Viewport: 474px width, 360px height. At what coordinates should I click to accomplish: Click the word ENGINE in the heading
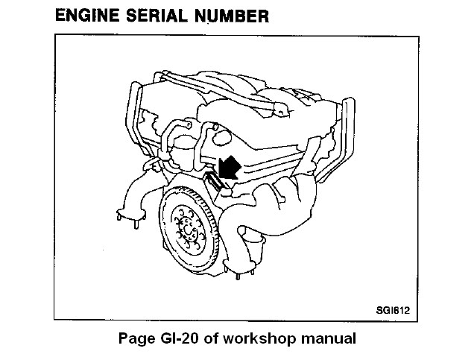click(87, 16)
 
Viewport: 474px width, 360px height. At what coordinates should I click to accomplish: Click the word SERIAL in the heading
click(157, 16)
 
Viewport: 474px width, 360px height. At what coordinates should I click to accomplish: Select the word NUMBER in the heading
click(232, 16)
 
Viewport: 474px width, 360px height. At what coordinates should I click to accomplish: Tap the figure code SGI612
click(393, 310)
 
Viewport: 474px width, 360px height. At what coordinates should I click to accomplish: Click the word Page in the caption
click(137, 339)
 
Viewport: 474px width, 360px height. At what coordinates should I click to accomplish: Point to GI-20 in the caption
click(180, 338)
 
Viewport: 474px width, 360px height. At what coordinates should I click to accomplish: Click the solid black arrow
click(229, 168)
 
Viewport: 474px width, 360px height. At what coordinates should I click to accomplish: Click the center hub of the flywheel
click(188, 230)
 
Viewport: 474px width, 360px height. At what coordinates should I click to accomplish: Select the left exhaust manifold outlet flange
click(131, 215)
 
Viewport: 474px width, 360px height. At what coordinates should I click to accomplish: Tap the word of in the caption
click(211, 338)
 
